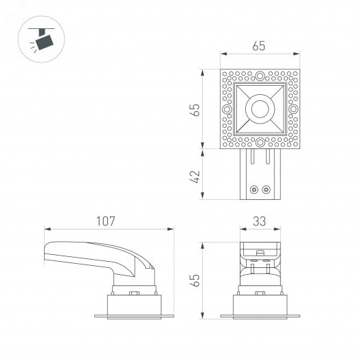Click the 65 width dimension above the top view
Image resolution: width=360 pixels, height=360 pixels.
coord(258,47)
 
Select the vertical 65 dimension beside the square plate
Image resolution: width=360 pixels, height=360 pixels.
coord(195,109)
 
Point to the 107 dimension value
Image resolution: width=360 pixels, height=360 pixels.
coord(105,221)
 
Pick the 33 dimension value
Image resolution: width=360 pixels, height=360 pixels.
coord(259,221)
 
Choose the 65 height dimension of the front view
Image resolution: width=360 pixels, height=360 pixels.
coord(195,280)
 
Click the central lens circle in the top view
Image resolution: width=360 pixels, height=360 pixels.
coord(259,109)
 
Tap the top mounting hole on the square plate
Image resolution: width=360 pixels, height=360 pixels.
coord(260,76)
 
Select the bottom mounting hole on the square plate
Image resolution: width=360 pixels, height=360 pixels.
coord(260,142)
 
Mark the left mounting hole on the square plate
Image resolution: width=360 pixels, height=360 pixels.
coord(226,109)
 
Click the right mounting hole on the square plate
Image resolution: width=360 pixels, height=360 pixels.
coord(293,109)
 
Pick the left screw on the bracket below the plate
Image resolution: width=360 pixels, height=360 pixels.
coord(254,188)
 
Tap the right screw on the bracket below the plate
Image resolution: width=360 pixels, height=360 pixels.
coord(265,188)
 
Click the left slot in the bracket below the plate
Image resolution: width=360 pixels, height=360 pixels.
coord(253,159)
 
